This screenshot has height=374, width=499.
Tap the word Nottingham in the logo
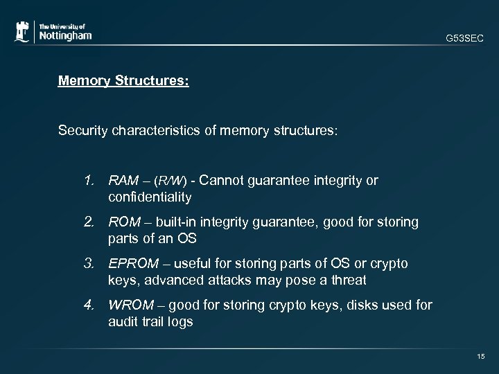[64, 35]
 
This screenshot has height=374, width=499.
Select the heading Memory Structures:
[124, 80]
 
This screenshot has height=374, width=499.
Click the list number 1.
[88, 181]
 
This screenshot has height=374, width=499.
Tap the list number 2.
[88, 222]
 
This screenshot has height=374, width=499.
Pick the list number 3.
[88, 264]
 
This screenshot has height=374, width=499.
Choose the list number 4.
[88, 305]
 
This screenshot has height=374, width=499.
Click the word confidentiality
[150, 197]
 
